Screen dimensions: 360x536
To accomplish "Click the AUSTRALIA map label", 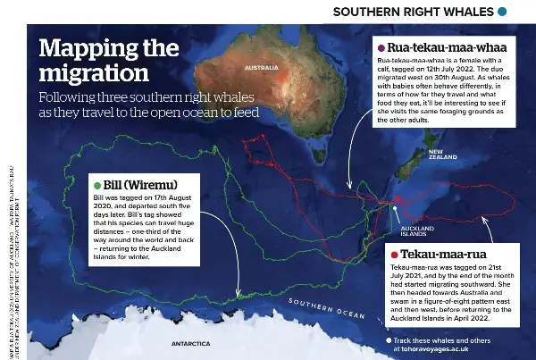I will pos(261,68).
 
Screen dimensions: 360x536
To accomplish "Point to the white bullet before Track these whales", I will pos(389,341).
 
